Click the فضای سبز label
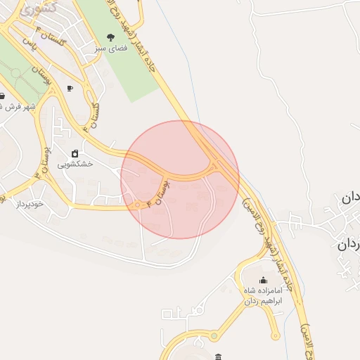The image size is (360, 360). point(109,50)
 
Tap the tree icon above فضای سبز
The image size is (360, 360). point(109,37)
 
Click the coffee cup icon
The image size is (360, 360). point(69,89)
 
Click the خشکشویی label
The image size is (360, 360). point(74,165)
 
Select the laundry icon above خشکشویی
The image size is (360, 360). point(74,153)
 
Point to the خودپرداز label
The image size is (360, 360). point(30,203)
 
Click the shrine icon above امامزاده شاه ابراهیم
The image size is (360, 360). point(263,280)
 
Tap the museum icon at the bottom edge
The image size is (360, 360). point(219,357)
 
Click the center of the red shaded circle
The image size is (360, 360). point(180,180)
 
